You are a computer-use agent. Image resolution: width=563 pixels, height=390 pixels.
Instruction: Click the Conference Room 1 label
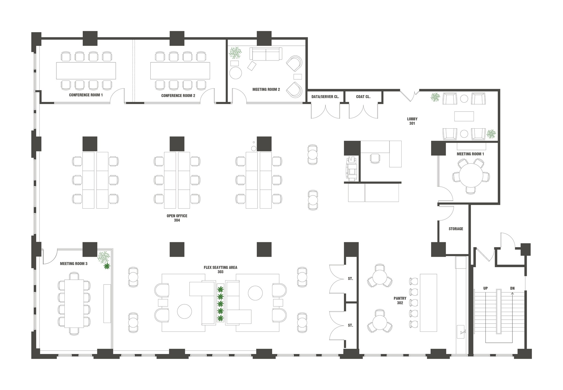(x=86, y=95)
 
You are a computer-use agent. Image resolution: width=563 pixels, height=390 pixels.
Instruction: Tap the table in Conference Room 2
(x=180, y=71)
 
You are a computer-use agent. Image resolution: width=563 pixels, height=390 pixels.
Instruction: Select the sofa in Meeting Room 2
(x=266, y=54)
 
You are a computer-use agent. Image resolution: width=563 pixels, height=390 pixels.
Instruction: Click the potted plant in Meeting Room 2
(x=236, y=53)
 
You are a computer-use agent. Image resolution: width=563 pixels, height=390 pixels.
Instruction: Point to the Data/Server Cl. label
(x=325, y=97)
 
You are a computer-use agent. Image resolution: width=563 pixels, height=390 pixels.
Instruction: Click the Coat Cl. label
(x=363, y=97)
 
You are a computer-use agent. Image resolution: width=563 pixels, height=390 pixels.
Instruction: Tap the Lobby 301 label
(x=412, y=121)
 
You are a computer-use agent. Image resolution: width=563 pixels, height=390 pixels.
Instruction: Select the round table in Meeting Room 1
(x=471, y=175)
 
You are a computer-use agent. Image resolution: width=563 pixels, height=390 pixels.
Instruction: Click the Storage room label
(x=456, y=229)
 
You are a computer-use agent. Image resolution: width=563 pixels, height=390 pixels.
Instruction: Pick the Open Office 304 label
(x=177, y=218)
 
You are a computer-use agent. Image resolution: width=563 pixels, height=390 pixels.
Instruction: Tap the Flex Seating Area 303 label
(x=220, y=270)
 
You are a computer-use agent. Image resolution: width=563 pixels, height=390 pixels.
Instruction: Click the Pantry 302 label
(x=400, y=300)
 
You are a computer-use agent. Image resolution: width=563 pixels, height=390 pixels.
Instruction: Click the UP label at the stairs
(x=485, y=288)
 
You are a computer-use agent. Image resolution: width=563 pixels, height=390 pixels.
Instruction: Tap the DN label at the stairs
(x=512, y=288)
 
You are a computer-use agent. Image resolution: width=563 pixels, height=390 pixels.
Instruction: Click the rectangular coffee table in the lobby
(x=464, y=116)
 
